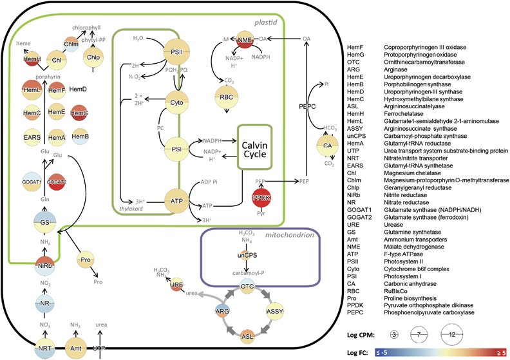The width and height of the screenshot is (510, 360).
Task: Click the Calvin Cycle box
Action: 255,147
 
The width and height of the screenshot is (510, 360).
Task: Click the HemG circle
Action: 79,113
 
